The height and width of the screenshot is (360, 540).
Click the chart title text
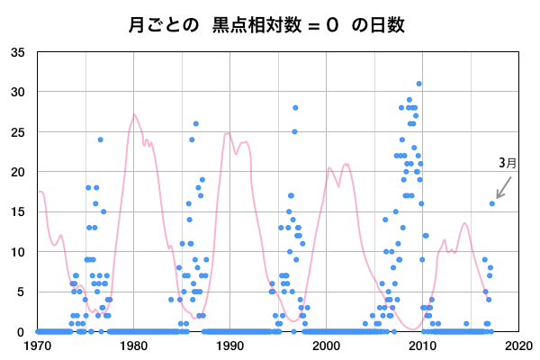[270, 25]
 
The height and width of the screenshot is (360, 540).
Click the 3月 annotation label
[508, 164]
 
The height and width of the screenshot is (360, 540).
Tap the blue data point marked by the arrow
[491, 203]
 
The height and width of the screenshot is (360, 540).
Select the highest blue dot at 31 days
[418, 84]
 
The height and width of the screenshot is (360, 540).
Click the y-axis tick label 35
[18, 52]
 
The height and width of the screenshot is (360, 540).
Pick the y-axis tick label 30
[18, 92]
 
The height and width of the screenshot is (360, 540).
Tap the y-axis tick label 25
[18, 131]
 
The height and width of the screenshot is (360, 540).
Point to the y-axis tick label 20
[18, 172]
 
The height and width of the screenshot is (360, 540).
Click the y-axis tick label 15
[18, 211]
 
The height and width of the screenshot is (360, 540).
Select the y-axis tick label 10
[18, 252]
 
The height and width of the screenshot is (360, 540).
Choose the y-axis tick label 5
[22, 292]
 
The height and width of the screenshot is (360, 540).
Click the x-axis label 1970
[38, 345]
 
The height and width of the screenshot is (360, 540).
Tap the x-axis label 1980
[134, 345]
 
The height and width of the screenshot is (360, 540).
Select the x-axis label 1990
[230, 345]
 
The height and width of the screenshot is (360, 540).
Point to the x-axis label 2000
[326, 345]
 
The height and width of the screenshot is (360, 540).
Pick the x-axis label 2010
[422, 345]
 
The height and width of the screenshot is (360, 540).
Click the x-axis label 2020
[518, 345]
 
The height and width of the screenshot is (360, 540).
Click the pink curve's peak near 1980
[134, 114]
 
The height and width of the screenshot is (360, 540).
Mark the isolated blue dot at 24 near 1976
[101, 139]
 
